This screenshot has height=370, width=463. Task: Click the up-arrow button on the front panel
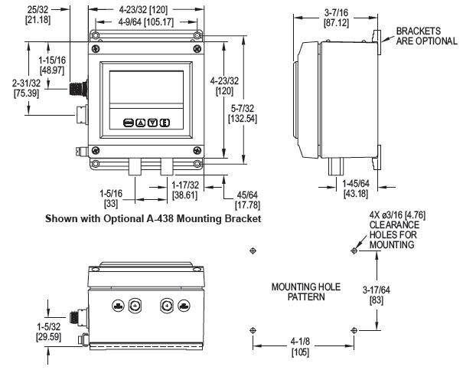[141, 123]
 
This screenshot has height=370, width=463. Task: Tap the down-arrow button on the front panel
[153, 123]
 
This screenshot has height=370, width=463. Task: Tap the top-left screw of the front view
[94, 35]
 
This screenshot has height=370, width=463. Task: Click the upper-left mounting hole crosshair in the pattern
[253, 251]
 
